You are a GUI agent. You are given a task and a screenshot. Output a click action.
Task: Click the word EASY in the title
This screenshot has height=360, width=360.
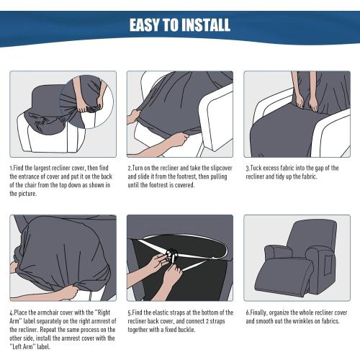148,26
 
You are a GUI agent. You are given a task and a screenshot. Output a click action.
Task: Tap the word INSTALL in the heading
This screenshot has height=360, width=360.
202,26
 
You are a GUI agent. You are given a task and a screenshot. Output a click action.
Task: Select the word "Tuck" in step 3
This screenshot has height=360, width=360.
253,167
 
